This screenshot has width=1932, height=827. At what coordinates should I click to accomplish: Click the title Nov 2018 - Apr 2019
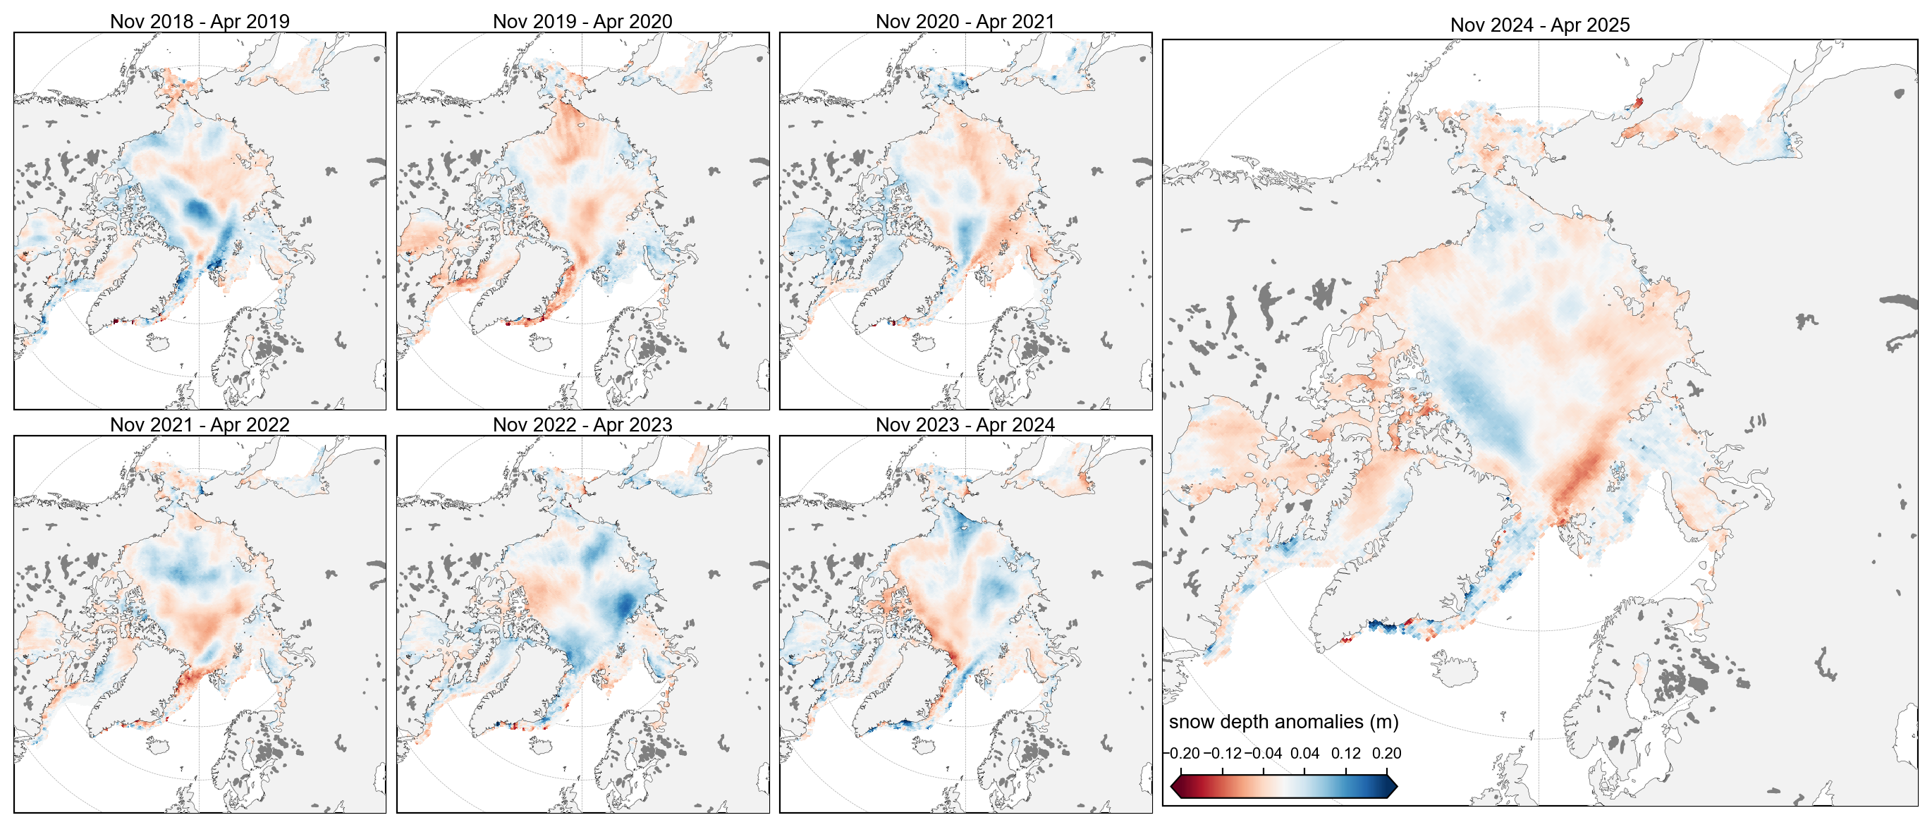coord(200,21)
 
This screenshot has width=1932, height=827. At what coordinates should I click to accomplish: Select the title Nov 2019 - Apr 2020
coord(582,21)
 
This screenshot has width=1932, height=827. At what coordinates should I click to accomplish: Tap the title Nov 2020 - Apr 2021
coord(965,21)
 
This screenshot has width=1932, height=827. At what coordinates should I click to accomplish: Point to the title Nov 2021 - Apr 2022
coord(200,424)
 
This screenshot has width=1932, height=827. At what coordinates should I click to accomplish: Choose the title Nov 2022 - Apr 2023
coord(582,424)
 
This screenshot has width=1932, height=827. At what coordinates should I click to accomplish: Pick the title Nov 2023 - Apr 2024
coord(965,424)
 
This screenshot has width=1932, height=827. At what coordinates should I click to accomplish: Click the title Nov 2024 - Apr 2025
coord(1540,25)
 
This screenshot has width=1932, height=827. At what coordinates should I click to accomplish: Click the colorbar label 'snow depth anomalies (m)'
coord(1283,721)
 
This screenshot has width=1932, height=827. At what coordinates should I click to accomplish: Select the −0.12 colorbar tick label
coord(1223,753)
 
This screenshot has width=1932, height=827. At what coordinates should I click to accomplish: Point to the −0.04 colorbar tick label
coord(1264,753)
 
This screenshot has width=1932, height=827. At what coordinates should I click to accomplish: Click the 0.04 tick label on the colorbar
coord(1305,753)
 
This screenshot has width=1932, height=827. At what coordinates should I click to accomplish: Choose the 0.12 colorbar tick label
coord(1346,753)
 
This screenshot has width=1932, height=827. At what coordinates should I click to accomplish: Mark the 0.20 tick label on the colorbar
coord(1387,753)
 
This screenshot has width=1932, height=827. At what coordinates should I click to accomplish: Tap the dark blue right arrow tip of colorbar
coord(1392,787)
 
